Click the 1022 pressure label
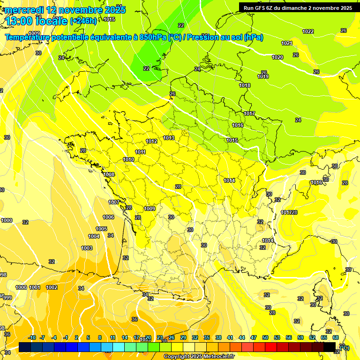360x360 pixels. (308, 31)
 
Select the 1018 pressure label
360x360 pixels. (245, 85)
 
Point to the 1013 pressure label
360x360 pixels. (169, 138)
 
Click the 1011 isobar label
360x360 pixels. (140, 152)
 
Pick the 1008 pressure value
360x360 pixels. (109, 174)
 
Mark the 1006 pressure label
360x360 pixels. (108, 217)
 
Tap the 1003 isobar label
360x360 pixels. (87, 248)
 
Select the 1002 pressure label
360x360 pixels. (52, 287)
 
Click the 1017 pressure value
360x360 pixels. (249, 114)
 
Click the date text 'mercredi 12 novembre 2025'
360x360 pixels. (65, 10)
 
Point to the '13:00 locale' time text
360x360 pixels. (36, 21)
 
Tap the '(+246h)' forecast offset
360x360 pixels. (83, 21)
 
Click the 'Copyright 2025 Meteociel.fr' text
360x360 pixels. (199, 356)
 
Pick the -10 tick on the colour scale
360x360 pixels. (32, 337)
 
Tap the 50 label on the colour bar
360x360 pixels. (265, 337)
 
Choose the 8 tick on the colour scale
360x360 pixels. (100, 337)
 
